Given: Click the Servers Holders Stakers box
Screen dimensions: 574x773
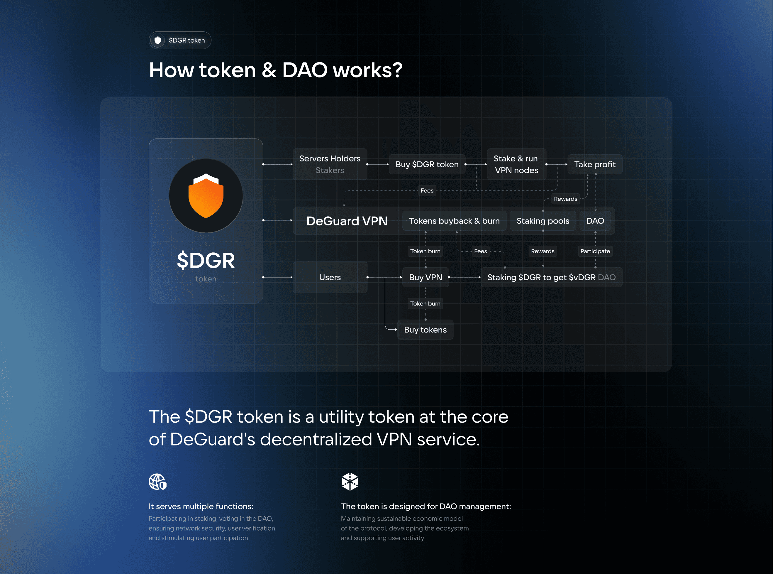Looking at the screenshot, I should (x=330, y=164).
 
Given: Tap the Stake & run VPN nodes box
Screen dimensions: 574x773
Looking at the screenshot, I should (x=516, y=164).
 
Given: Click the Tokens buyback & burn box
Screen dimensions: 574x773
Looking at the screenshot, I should (x=454, y=221).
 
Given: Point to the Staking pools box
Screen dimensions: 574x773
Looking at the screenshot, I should (x=543, y=221).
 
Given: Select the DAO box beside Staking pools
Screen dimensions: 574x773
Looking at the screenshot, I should (x=595, y=221).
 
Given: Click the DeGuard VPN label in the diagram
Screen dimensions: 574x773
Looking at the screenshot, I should (x=347, y=221).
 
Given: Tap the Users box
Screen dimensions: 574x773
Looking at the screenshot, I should (x=330, y=277).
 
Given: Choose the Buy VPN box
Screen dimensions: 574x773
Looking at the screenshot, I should (x=426, y=277).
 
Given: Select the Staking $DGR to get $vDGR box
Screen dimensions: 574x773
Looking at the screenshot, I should (x=551, y=277).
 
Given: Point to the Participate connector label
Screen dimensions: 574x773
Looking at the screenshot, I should (x=595, y=251).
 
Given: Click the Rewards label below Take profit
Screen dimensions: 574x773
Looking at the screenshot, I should (x=565, y=199).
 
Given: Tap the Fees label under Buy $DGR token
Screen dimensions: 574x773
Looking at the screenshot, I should (x=427, y=190).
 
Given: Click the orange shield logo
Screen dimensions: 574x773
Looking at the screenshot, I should (x=206, y=196).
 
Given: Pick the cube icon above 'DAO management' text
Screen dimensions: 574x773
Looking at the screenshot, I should (x=350, y=482).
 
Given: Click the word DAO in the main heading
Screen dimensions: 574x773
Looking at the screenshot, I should (x=305, y=70).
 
